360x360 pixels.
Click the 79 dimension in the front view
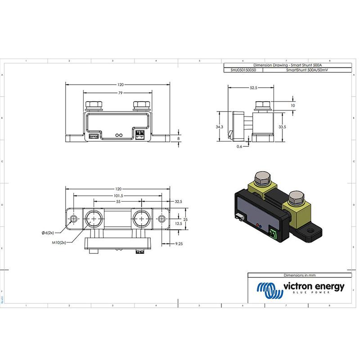tap(120, 93)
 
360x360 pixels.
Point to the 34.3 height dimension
tap(219, 127)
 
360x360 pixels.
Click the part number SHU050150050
tap(243, 71)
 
